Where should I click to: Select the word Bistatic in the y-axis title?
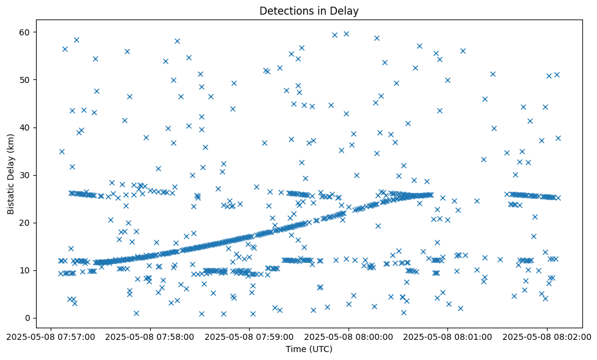pos(12,193)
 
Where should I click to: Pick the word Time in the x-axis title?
pos(296,350)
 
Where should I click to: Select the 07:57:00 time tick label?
pos(51,336)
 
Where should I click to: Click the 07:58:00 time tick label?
pos(150,336)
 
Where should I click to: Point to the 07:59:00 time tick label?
pos(249,336)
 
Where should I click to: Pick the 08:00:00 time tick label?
pos(349,336)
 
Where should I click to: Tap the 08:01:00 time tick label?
pos(448,336)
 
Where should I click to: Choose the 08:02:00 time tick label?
pos(547,336)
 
